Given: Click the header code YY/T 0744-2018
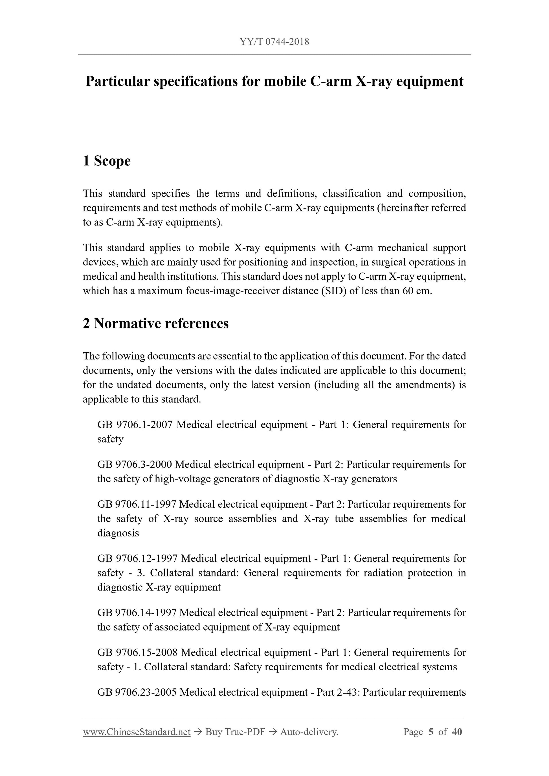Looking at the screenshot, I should [x=274, y=42].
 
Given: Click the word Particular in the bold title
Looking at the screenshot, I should [x=117, y=81].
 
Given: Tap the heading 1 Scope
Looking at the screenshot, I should [x=107, y=161].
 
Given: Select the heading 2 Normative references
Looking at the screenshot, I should [x=156, y=323].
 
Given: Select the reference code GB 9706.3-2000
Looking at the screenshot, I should [x=134, y=464].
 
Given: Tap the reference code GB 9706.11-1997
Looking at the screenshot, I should [x=137, y=504].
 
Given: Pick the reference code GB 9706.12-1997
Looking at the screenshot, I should [x=137, y=558].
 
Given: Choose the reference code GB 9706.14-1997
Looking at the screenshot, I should [x=137, y=613].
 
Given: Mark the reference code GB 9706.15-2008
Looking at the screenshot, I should [x=137, y=652].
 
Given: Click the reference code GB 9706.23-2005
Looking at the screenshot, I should [x=137, y=692].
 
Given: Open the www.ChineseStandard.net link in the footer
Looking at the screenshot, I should [x=137, y=732].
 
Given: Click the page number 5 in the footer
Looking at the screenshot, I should [x=431, y=732].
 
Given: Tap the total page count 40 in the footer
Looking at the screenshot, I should [x=457, y=732].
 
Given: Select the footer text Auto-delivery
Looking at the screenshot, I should [x=309, y=732].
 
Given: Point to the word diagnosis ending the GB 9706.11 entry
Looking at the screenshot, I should [x=118, y=533].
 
